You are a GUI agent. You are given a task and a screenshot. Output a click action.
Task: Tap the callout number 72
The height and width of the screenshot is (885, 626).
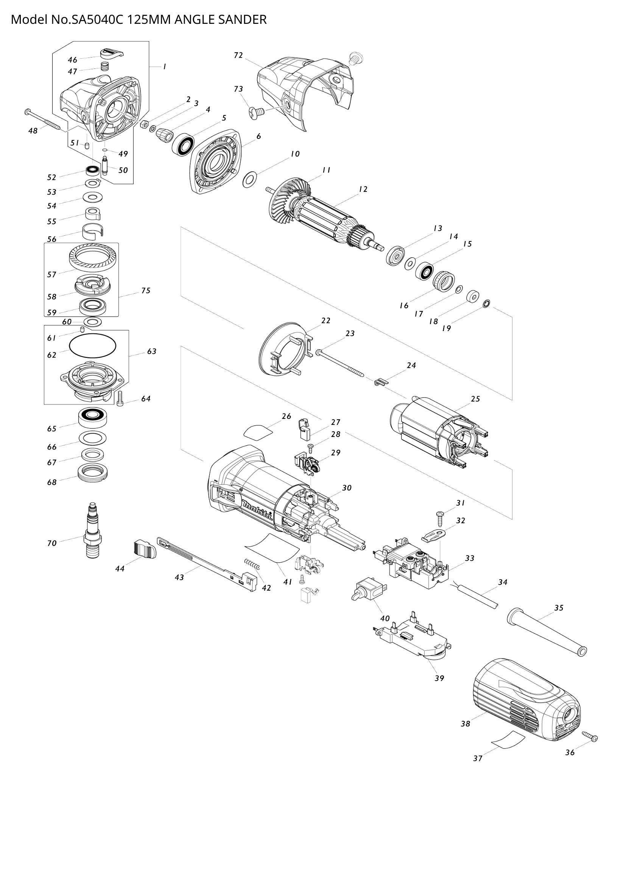pos(238,55)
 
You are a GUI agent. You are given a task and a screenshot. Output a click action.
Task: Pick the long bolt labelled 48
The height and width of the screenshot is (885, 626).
pos(43,119)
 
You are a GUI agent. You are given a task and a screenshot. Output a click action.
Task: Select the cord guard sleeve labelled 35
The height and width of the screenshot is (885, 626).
pos(547,632)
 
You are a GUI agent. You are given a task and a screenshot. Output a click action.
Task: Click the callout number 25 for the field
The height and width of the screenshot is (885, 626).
pos(475,398)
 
